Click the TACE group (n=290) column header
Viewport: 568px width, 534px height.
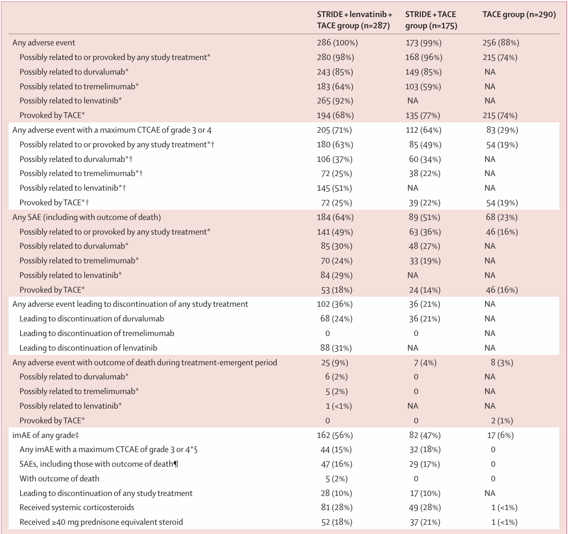[x=519, y=15]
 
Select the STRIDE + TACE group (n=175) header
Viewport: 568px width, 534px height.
[x=431, y=20]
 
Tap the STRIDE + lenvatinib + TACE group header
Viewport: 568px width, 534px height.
[x=354, y=20]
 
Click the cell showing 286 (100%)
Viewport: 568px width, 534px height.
[x=337, y=43]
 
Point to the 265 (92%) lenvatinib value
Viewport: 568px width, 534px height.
[x=335, y=100]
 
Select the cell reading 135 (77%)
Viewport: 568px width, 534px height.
[x=423, y=116]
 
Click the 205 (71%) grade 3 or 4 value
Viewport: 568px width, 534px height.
[x=334, y=130]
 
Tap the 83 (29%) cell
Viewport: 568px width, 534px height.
[x=502, y=130]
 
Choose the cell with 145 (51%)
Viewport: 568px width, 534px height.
[x=334, y=188]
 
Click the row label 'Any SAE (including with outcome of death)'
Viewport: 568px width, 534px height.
[x=86, y=217]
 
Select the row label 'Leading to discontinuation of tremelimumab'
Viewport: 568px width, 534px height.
[x=97, y=334]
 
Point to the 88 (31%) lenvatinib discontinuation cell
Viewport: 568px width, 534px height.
[x=336, y=348]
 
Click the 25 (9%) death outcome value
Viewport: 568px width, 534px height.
[x=335, y=363]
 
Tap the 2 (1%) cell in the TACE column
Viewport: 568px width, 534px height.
[x=502, y=421]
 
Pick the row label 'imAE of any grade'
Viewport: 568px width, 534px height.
[x=45, y=435]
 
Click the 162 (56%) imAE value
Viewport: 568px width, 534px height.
[x=335, y=435]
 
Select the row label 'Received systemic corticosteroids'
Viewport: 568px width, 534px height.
[x=77, y=508]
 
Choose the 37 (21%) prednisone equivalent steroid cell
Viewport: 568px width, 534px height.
[x=425, y=522]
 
